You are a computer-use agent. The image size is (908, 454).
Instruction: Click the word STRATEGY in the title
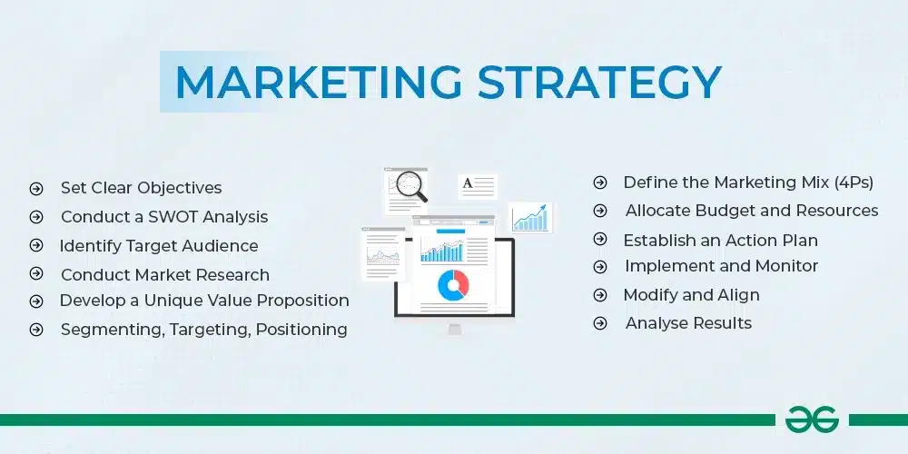pos(599,82)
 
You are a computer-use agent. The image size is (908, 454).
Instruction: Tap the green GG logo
pos(813,419)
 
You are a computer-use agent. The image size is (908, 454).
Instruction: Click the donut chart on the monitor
pos(452,285)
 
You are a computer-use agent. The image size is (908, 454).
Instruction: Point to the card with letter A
pos(478,186)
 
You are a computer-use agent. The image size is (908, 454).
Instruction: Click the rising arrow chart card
pos(530,217)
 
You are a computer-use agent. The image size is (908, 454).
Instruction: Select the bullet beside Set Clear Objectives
pos(36,189)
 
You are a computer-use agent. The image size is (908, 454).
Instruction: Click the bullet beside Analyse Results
pos(600,323)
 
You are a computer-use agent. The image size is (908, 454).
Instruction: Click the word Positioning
pos(301,330)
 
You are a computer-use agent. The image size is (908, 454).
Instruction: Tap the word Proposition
pos(301,301)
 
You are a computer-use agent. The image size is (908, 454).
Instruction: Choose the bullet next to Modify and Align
pos(600,295)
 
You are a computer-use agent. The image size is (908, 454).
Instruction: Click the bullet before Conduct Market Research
pos(36,274)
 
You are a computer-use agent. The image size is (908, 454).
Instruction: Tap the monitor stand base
pos(454,331)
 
